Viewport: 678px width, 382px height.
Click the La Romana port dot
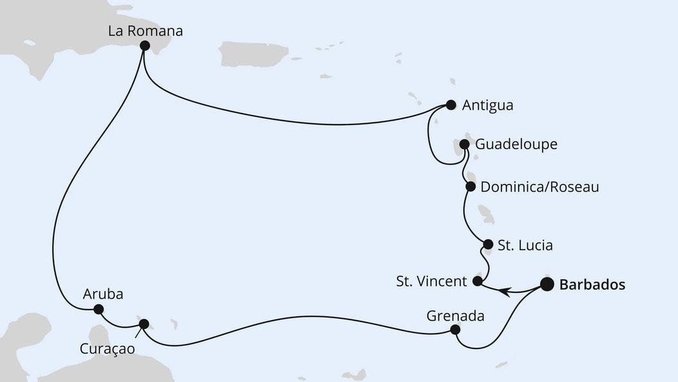tap(144, 46)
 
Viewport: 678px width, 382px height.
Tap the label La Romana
tap(146, 30)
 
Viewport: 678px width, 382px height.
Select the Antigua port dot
tap(451, 105)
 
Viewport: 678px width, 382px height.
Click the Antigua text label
tap(488, 105)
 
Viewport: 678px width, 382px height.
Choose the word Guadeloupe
tap(516, 145)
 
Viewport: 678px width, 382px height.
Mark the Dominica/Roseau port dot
tap(470, 187)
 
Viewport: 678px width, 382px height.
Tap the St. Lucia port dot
tap(488, 245)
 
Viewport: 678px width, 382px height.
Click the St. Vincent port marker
tap(478, 281)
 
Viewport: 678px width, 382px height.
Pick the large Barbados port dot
tap(547, 285)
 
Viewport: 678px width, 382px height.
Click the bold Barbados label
tap(592, 285)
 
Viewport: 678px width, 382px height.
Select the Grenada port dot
tap(455, 330)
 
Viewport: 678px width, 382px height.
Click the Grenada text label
tap(455, 316)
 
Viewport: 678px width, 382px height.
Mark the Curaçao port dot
tap(144, 324)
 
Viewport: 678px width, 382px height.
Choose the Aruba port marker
tap(99, 309)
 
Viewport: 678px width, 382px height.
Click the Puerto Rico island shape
tap(253, 54)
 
